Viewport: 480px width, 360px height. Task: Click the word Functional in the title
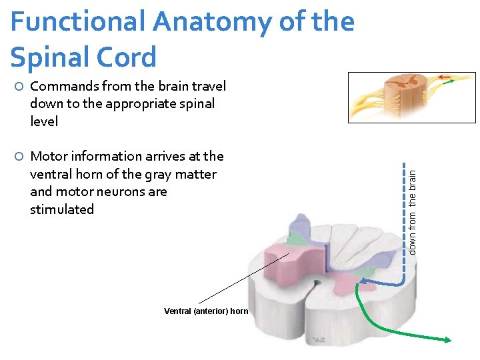(77, 23)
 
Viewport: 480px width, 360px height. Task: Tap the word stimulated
(62, 209)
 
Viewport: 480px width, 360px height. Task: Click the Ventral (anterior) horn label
(206, 311)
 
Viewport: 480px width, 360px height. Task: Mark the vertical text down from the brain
(413, 211)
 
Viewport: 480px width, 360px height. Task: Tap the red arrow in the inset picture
(445, 77)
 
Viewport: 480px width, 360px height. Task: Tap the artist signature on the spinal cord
(316, 340)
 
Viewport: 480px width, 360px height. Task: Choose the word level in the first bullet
(44, 121)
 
